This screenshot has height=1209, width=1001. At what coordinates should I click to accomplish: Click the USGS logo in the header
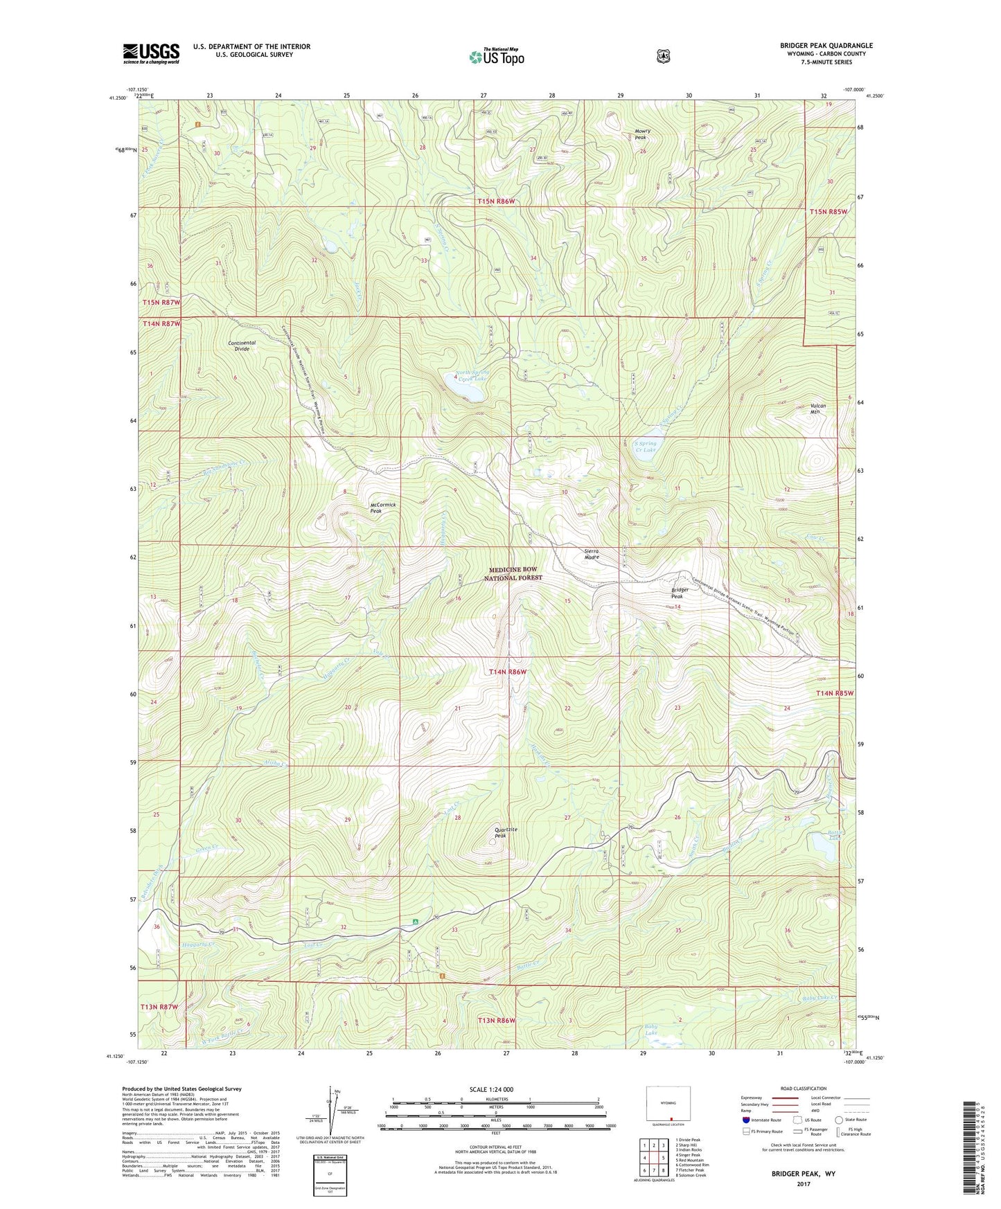pos(151,53)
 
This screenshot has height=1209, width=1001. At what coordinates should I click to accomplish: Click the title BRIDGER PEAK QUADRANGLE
pos(826,46)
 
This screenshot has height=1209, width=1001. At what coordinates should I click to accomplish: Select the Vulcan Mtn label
pos(820,409)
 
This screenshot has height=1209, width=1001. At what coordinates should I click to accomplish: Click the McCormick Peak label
pos(382,508)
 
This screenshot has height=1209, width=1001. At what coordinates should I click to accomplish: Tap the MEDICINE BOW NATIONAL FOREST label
pos(513,573)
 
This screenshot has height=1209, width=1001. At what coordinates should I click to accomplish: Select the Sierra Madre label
pos(591,554)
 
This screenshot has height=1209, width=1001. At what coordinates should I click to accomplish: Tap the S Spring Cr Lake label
pos(646,447)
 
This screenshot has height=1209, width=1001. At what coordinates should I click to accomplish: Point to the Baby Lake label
pos(651,1030)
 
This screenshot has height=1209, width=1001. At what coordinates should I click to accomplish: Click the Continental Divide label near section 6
pos(242,346)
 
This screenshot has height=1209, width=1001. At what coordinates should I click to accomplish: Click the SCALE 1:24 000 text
pos(491,1090)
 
